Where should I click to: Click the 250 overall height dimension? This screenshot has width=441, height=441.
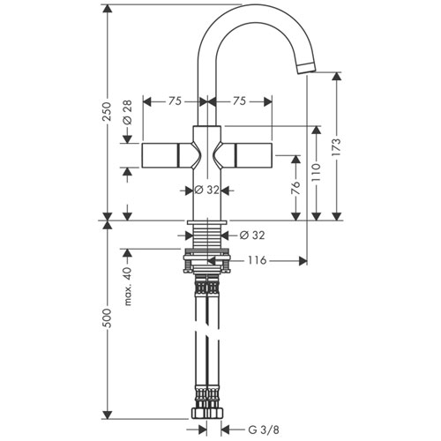tap(108, 112)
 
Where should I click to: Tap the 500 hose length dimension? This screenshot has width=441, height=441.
tap(108, 318)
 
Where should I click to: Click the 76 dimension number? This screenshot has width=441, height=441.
tap(296, 188)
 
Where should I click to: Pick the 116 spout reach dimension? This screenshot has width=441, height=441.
tap(258, 260)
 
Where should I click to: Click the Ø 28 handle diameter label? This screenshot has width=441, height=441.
tap(128, 113)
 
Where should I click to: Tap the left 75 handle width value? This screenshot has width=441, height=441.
tap(175, 101)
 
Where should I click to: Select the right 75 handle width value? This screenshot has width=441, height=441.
tap(239, 101)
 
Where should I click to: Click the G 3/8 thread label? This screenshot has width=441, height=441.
tap(264, 430)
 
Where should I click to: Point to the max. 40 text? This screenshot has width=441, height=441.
tap(128, 287)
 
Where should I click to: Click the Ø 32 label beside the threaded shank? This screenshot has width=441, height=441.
tap(252, 235)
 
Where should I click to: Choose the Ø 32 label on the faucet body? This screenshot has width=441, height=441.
tap(207, 191)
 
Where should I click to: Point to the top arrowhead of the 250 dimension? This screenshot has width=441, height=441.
tap(108, 9)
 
